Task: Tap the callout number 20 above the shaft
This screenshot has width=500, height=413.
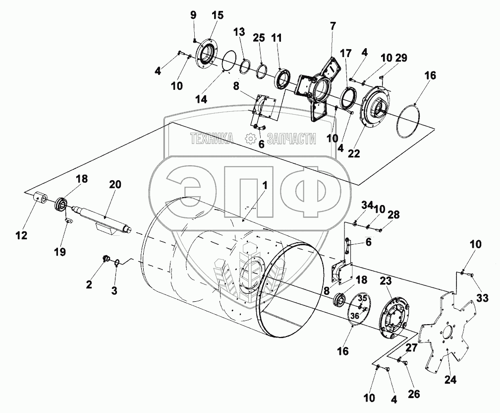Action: tap(115, 184)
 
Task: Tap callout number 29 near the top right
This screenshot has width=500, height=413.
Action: tap(401, 58)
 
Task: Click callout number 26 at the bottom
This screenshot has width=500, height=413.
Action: tap(414, 394)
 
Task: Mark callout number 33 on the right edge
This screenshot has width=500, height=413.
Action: tap(482, 298)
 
